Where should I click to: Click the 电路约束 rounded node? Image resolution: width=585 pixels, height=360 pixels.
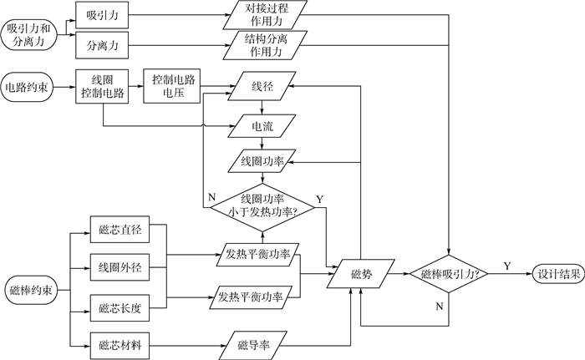click(x=28, y=87)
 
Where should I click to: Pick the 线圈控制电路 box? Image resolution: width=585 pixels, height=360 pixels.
click(x=103, y=87)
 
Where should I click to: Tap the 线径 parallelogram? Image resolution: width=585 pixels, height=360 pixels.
click(x=262, y=87)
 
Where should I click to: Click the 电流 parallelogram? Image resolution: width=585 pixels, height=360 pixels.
click(x=262, y=127)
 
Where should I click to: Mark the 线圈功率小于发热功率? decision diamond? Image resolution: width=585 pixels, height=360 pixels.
click(x=261, y=204)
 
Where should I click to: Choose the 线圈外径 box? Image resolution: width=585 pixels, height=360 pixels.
click(x=120, y=268)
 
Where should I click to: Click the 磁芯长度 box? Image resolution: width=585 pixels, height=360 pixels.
click(x=120, y=307)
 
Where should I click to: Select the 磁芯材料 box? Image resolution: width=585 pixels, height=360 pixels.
click(x=120, y=344)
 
